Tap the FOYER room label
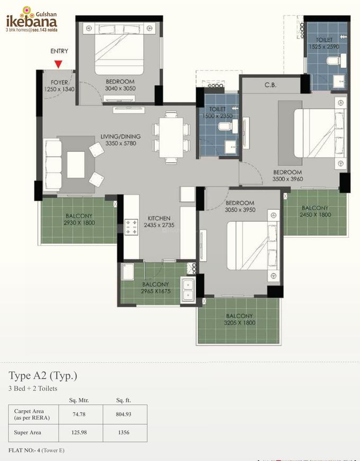[59, 83]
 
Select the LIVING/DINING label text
[120, 136]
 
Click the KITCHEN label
[159, 218]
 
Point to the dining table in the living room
[171, 138]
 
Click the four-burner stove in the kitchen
[131, 227]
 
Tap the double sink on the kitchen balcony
[187, 290]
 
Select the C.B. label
[270, 85]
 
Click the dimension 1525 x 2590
[324, 47]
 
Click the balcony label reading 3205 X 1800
[240, 323]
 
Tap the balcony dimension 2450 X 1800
[315, 215]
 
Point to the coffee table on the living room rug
[76, 165]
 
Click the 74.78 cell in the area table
[79, 414]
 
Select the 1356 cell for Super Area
[124, 432]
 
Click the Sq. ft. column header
[124, 400]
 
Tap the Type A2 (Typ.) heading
[43, 376]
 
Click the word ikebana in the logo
[32, 21]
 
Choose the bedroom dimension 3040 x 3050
[120, 88]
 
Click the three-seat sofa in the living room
[53, 165]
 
